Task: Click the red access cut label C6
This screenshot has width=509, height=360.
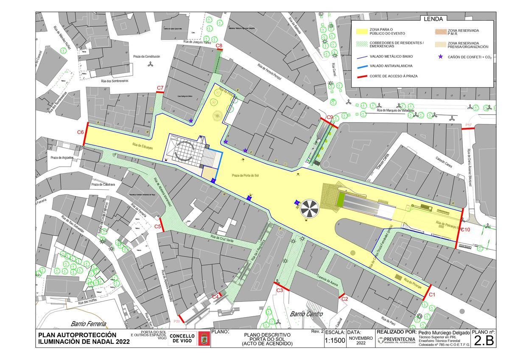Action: [80, 132]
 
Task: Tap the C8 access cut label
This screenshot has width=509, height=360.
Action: [219, 45]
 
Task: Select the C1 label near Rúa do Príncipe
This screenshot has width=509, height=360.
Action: [432, 294]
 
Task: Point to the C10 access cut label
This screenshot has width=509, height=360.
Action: [465, 229]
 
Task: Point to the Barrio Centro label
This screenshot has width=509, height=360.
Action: [306, 314]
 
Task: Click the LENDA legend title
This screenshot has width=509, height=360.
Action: [433, 19]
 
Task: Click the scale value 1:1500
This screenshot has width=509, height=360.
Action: [335, 340]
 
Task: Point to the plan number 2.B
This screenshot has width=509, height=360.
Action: [484, 341]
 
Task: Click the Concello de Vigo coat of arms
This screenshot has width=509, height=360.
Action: [203, 339]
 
